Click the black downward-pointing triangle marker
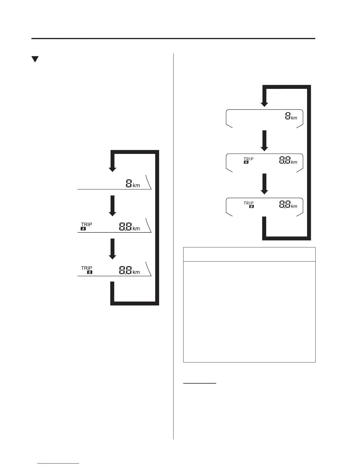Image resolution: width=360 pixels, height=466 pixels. [x=35, y=59]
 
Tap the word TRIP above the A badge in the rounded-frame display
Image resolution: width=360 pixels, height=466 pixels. [x=249, y=159]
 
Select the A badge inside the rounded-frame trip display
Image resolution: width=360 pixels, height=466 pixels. [x=246, y=162]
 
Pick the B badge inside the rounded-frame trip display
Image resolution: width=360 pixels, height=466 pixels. [x=251, y=207]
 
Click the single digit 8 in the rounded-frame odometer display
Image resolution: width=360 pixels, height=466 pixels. [x=288, y=116]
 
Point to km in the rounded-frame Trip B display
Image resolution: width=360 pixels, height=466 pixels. [x=294, y=206]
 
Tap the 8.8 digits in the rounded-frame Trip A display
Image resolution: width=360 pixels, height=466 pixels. [x=284, y=161]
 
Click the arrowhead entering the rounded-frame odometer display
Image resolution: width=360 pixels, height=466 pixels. [x=264, y=104]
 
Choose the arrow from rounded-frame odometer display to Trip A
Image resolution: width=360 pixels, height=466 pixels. [x=264, y=141]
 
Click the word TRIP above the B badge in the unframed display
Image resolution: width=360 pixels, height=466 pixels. [x=86, y=268]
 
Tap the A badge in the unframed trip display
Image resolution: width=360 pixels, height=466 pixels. [x=83, y=229]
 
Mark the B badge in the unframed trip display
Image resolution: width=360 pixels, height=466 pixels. [x=90, y=272]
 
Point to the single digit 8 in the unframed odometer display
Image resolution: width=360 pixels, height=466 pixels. [x=129, y=184]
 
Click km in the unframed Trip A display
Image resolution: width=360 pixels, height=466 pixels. [x=136, y=229]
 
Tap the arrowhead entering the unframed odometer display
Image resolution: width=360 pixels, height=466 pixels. [x=112, y=169]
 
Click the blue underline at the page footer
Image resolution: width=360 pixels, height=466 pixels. [x=59, y=464]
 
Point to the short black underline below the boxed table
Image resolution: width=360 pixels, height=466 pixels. [x=200, y=383]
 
